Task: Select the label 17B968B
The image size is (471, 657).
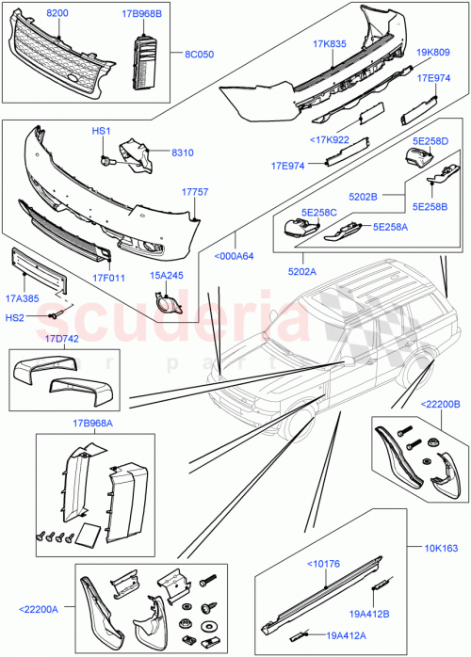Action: click(142, 14)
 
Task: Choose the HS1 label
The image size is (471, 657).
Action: click(101, 131)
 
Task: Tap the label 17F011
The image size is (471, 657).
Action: click(108, 278)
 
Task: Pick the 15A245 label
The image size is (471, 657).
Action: click(167, 276)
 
